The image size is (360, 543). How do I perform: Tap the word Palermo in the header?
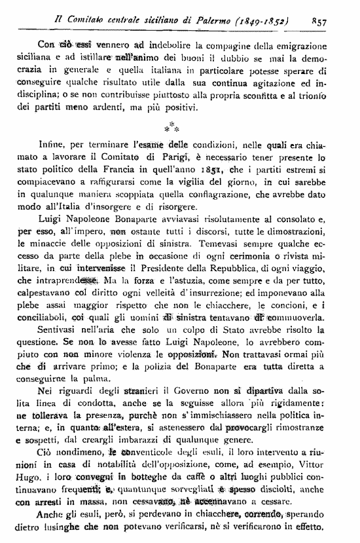tap(211, 20)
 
